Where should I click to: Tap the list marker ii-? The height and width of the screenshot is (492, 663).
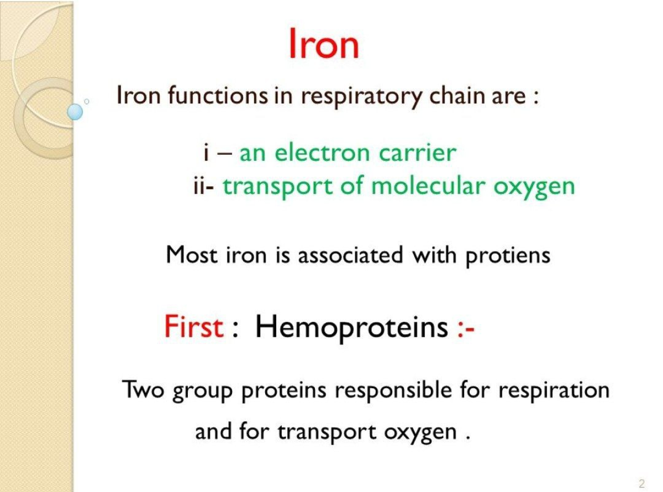pyautogui.click(x=203, y=186)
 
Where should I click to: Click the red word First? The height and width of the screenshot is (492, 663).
pyautogui.click(x=193, y=327)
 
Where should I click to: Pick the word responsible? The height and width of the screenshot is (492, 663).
pyautogui.click(x=394, y=391)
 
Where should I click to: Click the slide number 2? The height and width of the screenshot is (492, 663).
pyautogui.click(x=641, y=484)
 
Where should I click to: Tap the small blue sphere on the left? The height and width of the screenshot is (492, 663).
pyautogui.click(x=75, y=112)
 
